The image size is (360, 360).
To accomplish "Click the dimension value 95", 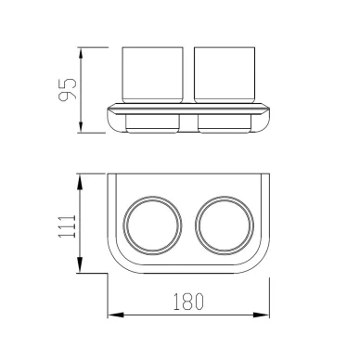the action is [67, 89].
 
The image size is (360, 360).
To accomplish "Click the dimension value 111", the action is [67, 226].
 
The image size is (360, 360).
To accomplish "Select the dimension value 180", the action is [188, 302].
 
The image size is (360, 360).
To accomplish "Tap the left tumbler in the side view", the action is [153, 75].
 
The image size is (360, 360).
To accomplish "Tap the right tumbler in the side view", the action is [225, 75].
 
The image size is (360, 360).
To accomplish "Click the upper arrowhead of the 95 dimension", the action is [81, 55].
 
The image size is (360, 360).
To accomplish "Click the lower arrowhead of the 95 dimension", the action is [81, 126].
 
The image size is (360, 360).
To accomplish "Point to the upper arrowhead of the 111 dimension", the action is [80, 182].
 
